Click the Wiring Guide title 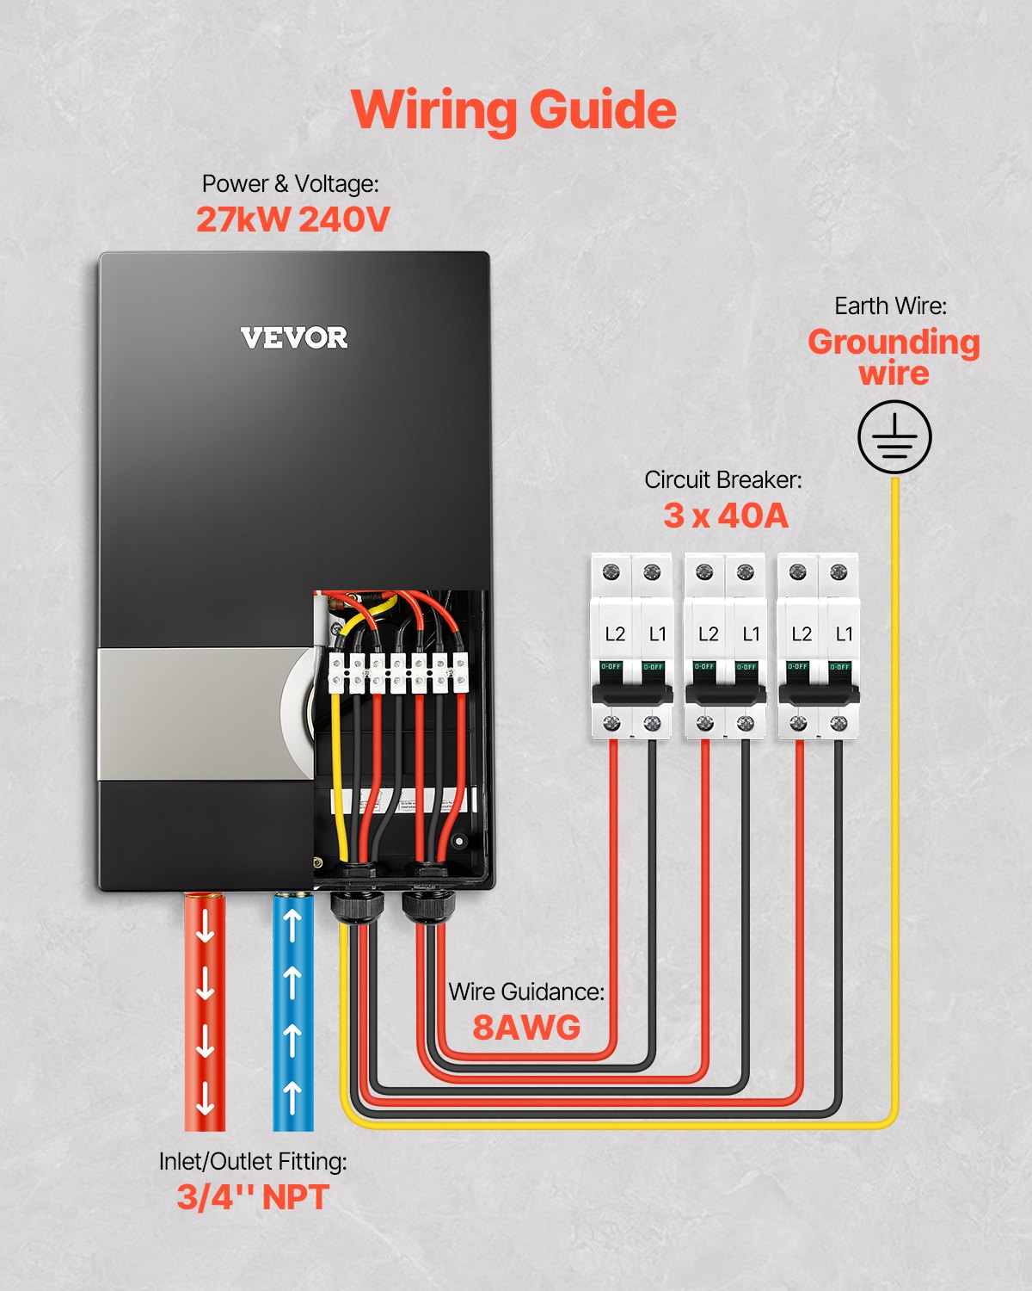point(513,110)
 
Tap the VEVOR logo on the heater point(294,337)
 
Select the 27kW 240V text point(292,219)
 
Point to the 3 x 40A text point(725,516)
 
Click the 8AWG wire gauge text point(526,1027)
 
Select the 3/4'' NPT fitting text point(253,1197)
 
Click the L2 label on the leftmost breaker point(615,634)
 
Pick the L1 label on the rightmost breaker point(845,634)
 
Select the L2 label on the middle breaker point(708,634)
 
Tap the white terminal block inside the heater point(398,672)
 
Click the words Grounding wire point(894,357)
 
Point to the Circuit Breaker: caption point(722,479)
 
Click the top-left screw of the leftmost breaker point(611,571)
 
